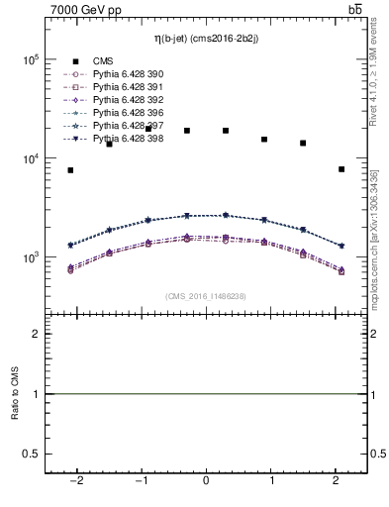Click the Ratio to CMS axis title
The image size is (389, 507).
15,394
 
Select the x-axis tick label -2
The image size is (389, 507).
74,481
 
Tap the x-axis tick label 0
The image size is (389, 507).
206,481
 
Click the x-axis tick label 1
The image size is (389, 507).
271,481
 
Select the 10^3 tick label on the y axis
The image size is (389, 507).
28,257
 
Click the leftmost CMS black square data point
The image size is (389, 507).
70,170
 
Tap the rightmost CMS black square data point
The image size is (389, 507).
341,169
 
